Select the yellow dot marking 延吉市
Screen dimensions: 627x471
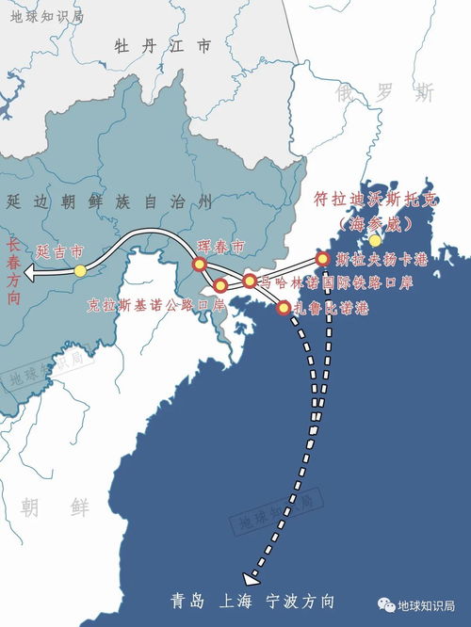(x=80, y=271)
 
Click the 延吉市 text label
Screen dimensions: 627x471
(x=60, y=252)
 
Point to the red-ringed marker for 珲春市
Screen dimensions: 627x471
(x=200, y=265)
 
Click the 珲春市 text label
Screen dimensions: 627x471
(x=221, y=247)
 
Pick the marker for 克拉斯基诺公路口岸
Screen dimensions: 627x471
(x=220, y=285)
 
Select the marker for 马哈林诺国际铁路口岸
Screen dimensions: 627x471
(x=249, y=281)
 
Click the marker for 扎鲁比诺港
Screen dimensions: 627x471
(x=284, y=306)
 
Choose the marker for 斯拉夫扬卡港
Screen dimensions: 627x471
(x=323, y=258)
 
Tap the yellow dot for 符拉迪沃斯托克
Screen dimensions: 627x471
(x=375, y=241)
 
